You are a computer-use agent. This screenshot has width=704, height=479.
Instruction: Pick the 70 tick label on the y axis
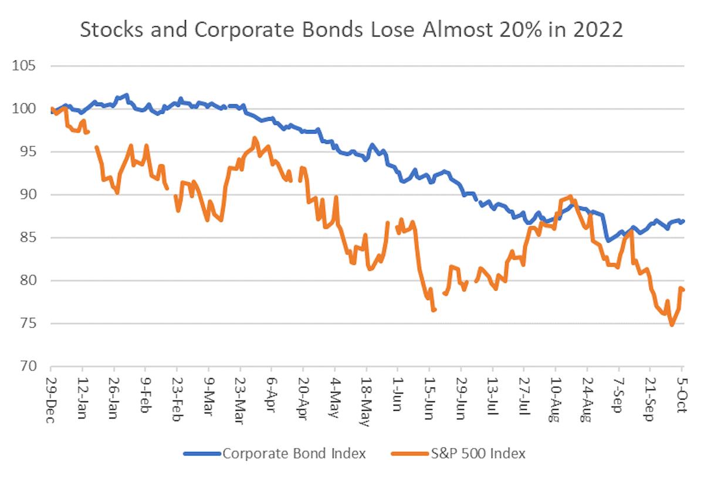(x=28, y=366)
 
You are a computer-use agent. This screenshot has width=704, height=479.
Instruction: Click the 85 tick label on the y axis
(x=28, y=237)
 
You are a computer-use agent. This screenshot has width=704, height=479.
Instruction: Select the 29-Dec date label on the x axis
(x=51, y=394)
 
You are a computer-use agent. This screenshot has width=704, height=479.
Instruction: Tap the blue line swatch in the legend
(x=201, y=453)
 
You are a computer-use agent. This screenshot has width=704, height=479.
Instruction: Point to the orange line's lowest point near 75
(x=672, y=324)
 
